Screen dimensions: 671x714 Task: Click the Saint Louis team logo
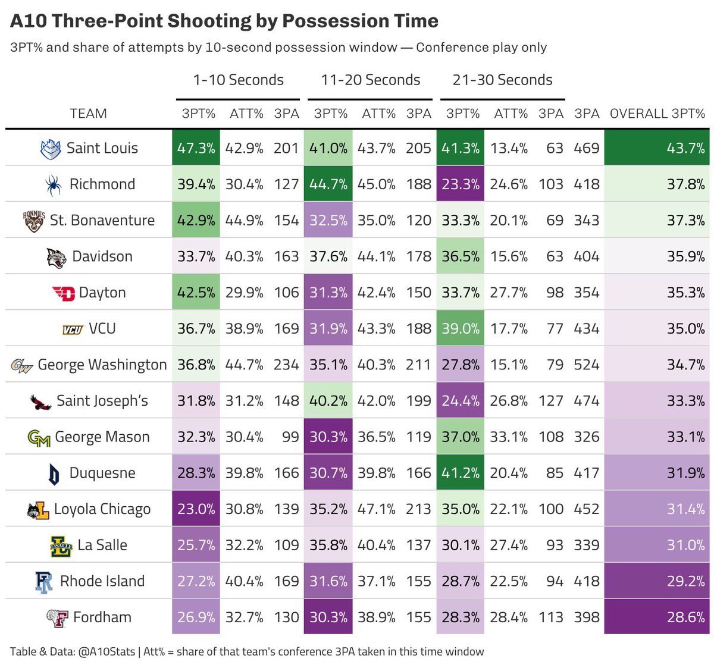point(51,149)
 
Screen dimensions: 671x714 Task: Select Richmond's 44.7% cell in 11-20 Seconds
point(328,184)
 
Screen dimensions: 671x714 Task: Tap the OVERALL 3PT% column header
point(657,114)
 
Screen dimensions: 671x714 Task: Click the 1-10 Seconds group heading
point(238,80)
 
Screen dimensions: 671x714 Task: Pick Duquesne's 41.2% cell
point(461,473)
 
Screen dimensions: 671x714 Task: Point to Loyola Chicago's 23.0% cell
point(196,509)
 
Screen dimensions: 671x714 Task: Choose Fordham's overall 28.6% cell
point(656,617)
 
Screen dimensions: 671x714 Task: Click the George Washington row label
point(102,365)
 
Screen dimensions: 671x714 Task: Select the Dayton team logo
point(64,293)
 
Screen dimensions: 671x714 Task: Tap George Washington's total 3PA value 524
point(586,365)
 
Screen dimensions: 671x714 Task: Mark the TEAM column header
point(88,114)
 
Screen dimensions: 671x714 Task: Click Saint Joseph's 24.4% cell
point(461,401)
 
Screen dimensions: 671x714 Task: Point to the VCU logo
point(73,330)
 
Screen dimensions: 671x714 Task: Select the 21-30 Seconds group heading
point(502,80)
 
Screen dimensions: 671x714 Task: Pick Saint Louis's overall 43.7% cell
point(656,148)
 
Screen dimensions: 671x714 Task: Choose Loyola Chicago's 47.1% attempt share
point(376,509)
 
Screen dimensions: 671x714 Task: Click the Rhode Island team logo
point(44,582)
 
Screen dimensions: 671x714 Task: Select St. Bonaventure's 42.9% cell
point(196,220)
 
